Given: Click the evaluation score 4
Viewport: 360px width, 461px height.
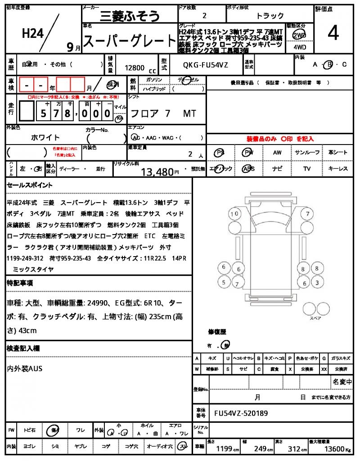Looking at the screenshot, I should pyautogui.click(x=333, y=33).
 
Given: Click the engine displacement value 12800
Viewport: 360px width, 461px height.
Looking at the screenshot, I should pyautogui.click(x=135, y=68).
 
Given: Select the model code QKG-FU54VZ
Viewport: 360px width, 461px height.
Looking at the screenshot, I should pyautogui.click(x=206, y=65).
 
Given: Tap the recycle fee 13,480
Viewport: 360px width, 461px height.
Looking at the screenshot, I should pyautogui.click(x=157, y=172).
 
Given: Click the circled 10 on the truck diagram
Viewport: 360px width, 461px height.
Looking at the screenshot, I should pyautogui.click(x=234, y=214).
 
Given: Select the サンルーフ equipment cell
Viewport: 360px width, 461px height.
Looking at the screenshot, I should pyautogui.click(x=307, y=153).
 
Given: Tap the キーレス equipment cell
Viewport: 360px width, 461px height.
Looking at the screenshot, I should pyautogui.click(x=337, y=169).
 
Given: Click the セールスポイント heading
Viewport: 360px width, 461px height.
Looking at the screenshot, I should pyautogui.click(x=30, y=185).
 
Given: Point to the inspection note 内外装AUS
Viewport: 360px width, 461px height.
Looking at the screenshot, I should pyautogui.click(x=25, y=369).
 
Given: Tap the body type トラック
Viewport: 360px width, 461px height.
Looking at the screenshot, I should pyautogui.click(x=270, y=16).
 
